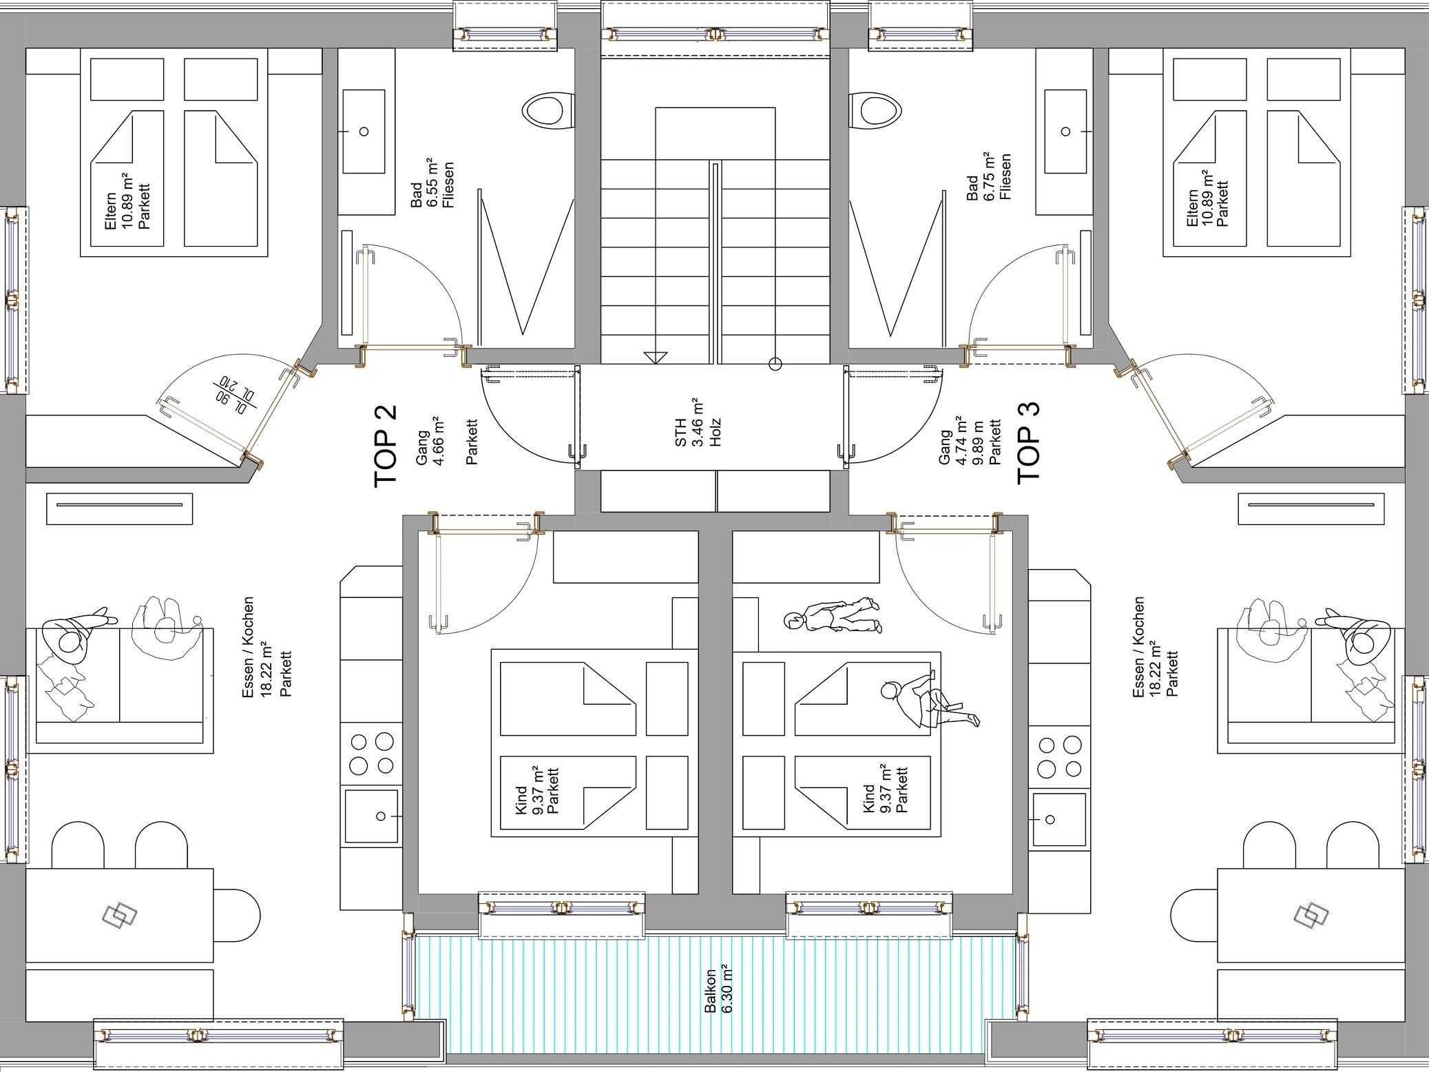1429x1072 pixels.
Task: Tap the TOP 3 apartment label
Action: pyautogui.click(x=1029, y=443)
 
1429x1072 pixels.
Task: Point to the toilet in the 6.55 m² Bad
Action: pyautogui.click(x=548, y=110)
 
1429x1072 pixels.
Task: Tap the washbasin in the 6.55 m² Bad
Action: pyautogui.click(x=363, y=131)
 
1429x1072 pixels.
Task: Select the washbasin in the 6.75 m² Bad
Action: pyautogui.click(x=1066, y=131)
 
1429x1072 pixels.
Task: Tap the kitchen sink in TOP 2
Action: pyautogui.click(x=371, y=816)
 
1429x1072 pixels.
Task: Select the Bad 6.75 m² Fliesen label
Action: pyautogui.click(x=991, y=177)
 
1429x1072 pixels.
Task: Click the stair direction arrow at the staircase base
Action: pyautogui.click(x=656, y=356)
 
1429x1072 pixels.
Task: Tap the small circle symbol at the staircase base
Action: pyautogui.click(x=775, y=364)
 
